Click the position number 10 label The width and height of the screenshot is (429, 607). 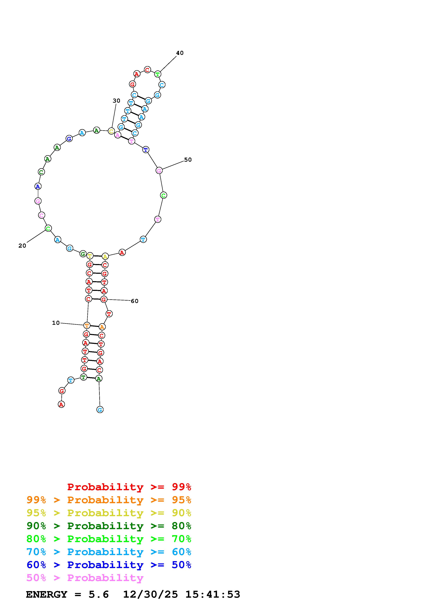click(56, 323)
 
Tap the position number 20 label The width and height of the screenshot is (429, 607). click(22, 246)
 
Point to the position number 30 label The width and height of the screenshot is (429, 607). click(116, 101)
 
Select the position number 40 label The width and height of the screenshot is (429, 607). click(180, 53)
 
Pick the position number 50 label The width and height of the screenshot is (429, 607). click(188, 160)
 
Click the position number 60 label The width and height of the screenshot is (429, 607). click(134, 301)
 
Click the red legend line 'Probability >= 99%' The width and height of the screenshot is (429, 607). click(129, 487)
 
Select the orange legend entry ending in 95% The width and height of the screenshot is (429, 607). click(109, 500)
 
